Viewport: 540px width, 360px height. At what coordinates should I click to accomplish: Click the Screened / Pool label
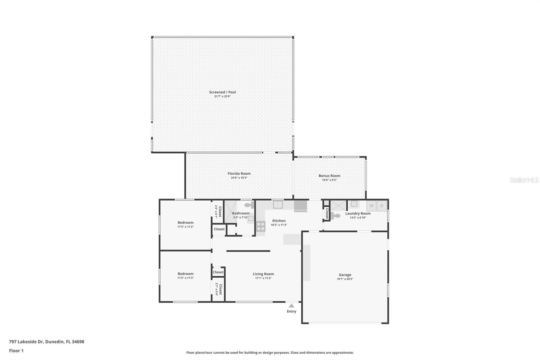point(222,92)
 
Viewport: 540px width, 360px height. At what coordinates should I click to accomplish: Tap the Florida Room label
point(239,174)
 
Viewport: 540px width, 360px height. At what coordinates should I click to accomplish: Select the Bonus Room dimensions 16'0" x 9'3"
point(329,180)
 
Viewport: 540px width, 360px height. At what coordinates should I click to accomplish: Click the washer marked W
point(371,206)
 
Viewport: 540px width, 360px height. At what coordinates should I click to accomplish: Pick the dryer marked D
point(382,206)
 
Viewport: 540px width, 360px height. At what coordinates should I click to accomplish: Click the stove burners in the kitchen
point(261,226)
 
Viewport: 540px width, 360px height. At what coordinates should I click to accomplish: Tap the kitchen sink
point(278,204)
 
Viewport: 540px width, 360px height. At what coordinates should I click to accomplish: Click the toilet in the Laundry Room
point(335,216)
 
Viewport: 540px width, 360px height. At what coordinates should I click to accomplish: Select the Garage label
point(345,275)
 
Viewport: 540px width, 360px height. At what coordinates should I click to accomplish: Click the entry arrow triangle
point(292,306)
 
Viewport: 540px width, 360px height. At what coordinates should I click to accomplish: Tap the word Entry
point(292,311)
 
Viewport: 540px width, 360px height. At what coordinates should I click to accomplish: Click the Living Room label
point(263,274)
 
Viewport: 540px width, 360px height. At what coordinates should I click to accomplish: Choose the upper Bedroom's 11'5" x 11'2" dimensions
point(186,227)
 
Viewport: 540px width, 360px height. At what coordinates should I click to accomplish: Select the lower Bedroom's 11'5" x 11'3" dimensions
point(186,278)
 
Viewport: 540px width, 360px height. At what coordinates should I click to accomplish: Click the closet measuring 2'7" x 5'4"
point(218,289)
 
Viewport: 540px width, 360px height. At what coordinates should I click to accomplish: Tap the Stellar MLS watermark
point(524,180)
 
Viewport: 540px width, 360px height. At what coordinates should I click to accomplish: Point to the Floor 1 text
point(16,351)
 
